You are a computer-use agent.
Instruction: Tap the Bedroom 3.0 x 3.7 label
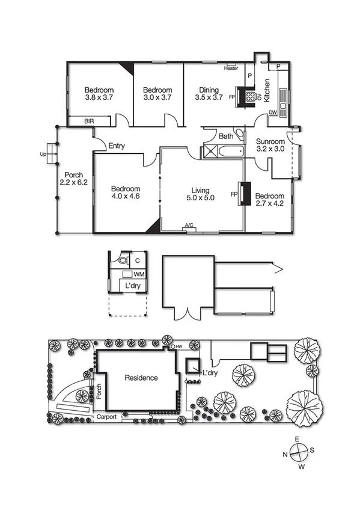(158, 91)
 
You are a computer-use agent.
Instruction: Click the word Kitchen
(268, 90)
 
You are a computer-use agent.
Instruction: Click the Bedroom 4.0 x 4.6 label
(126, 192)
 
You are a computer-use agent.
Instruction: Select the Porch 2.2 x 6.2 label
(74, 178)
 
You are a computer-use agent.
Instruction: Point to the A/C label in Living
(189, 226)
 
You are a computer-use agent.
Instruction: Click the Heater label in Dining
(231, 68)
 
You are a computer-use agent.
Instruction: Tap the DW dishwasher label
(273, 112)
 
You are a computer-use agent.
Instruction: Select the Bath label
(226, 137)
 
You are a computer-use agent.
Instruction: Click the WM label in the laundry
(138, 274)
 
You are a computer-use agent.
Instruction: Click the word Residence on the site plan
(141, 378)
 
